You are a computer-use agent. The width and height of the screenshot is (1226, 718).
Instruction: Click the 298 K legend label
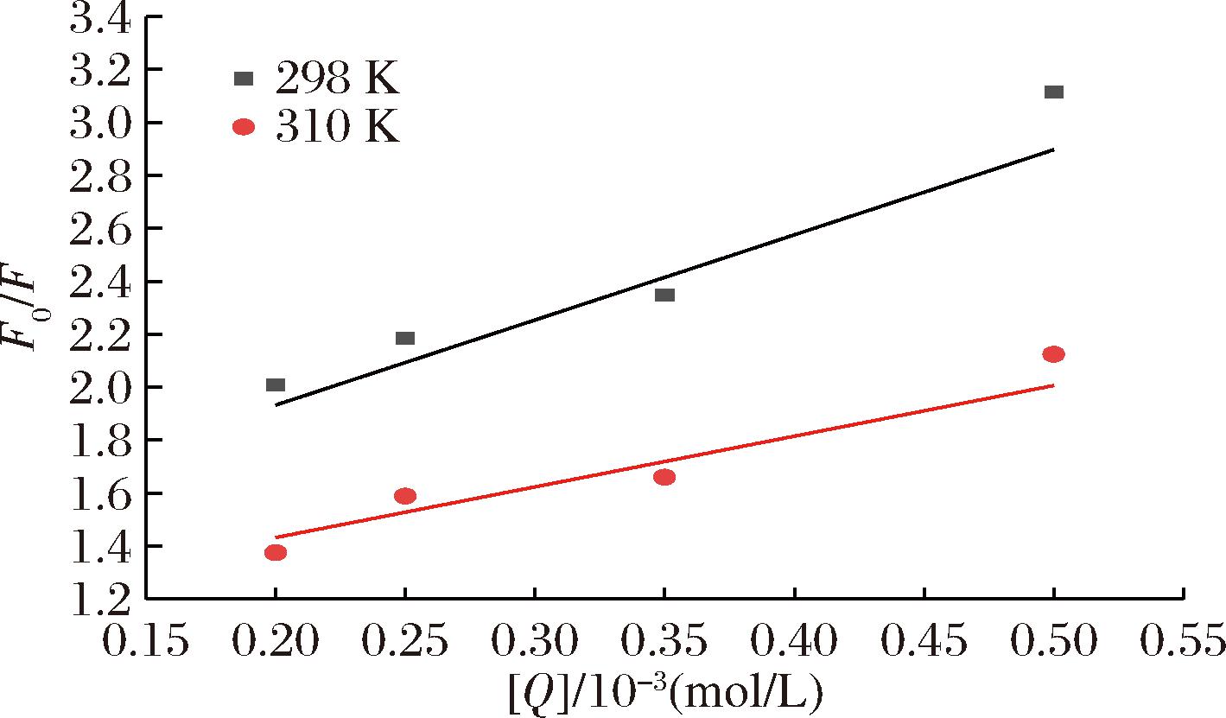coord(337,80)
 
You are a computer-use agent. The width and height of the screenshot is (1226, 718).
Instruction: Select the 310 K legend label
coord(337,129)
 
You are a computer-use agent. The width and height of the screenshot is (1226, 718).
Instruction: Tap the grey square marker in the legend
coord(244,79)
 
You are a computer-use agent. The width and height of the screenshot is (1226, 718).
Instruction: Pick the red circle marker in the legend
coord(244,127)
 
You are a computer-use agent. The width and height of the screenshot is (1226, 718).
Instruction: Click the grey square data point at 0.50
coord(1053,92)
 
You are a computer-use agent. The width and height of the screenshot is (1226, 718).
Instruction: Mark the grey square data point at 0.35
coord(664,295)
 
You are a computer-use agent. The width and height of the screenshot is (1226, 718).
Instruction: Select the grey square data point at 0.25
coord(405,338)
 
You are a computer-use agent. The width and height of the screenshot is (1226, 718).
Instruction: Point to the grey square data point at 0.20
coord(276,384)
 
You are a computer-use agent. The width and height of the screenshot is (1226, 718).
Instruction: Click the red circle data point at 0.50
coord(1053,354)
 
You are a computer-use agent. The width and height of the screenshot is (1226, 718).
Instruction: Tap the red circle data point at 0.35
coord(664,477)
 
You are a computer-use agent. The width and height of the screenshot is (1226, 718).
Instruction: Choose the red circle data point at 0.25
coord(405,496)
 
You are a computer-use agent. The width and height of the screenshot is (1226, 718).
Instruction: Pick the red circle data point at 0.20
coord(276,552)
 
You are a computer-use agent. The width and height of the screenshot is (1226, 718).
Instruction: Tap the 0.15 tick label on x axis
coord(146,643)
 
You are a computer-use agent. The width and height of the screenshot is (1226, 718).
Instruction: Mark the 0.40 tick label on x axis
coord(794,643)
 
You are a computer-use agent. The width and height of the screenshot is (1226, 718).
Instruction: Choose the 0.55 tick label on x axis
coord(1181,643)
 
